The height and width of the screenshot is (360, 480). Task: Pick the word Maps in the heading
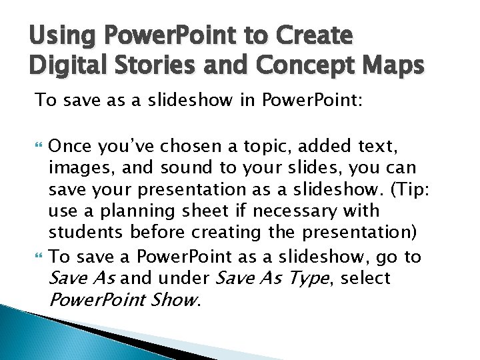(x=393, y=65)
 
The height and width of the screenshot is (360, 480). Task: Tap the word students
(x=85, y=233)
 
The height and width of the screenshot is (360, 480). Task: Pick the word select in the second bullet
(x=365, y=277)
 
